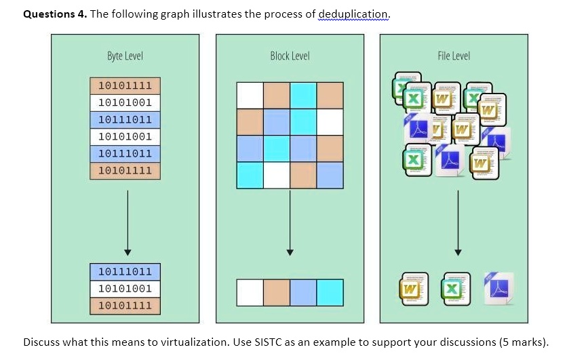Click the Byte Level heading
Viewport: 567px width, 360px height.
[125, 56]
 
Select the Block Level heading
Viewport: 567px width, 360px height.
[290, 56]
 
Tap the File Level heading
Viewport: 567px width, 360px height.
[454, 56]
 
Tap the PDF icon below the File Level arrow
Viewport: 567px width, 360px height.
[498, 285]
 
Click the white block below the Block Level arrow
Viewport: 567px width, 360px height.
[250, 292]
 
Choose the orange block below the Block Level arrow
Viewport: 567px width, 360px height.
[277, 292]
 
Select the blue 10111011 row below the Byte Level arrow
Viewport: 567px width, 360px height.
[125, 272]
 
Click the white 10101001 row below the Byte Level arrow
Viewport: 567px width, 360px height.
[125, 289]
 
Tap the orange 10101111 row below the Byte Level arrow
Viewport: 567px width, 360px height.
[125, 306]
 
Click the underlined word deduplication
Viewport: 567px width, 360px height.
[354, 14]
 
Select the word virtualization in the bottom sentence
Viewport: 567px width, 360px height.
[195, 342]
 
